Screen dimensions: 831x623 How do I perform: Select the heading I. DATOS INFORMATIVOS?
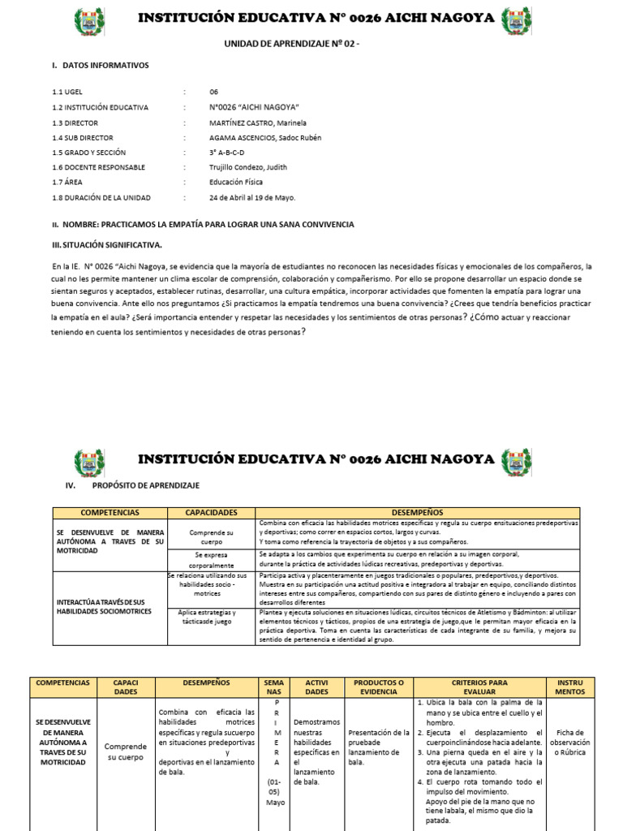tap(100, 66)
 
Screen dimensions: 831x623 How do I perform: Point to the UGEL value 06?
tap(213, 92)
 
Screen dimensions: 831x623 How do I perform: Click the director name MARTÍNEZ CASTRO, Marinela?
tap(257, 122)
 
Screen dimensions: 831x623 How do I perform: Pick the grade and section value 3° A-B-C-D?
tap(226, 153)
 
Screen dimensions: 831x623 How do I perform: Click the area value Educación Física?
tap(236, 183)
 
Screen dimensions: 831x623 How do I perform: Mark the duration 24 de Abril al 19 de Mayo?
tap(252, 197)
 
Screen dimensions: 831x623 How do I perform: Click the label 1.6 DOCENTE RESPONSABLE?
tap(98, 167)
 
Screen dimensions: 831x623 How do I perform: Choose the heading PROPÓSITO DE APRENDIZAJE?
tap(145, 485)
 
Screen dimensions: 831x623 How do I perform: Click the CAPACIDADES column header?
tap(211, 513)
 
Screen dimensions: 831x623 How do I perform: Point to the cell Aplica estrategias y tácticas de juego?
tap(211, 617)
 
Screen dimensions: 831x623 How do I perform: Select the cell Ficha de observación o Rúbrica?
tap(569, 743)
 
